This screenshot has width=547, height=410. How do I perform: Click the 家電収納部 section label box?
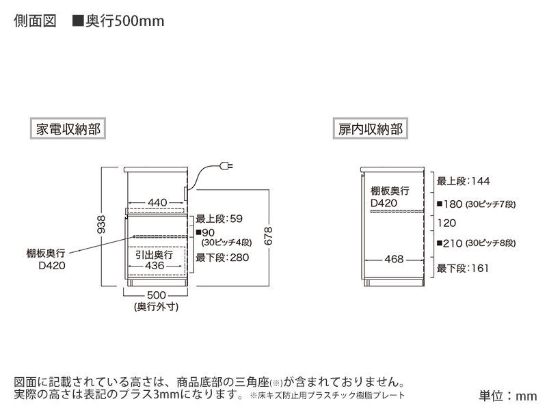[x=67, y=128]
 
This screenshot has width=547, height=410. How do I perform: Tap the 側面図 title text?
[x=35, y=21]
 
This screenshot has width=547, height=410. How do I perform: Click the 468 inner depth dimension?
[x=394, y=259]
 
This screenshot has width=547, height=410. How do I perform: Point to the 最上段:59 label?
[x=219, y=219]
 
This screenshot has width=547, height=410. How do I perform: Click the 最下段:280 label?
[x=222, y=258]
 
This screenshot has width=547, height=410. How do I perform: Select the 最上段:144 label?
[x=464, y=181]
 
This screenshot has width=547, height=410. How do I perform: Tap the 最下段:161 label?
[x=463, y=268]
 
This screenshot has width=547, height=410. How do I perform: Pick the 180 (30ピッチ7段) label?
[x=476, y=204]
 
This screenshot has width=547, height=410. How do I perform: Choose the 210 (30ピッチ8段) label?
[x=476, y=243]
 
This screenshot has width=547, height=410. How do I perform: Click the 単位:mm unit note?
[x=507, y=396]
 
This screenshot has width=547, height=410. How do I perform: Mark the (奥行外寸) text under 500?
[x=157, y=307]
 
